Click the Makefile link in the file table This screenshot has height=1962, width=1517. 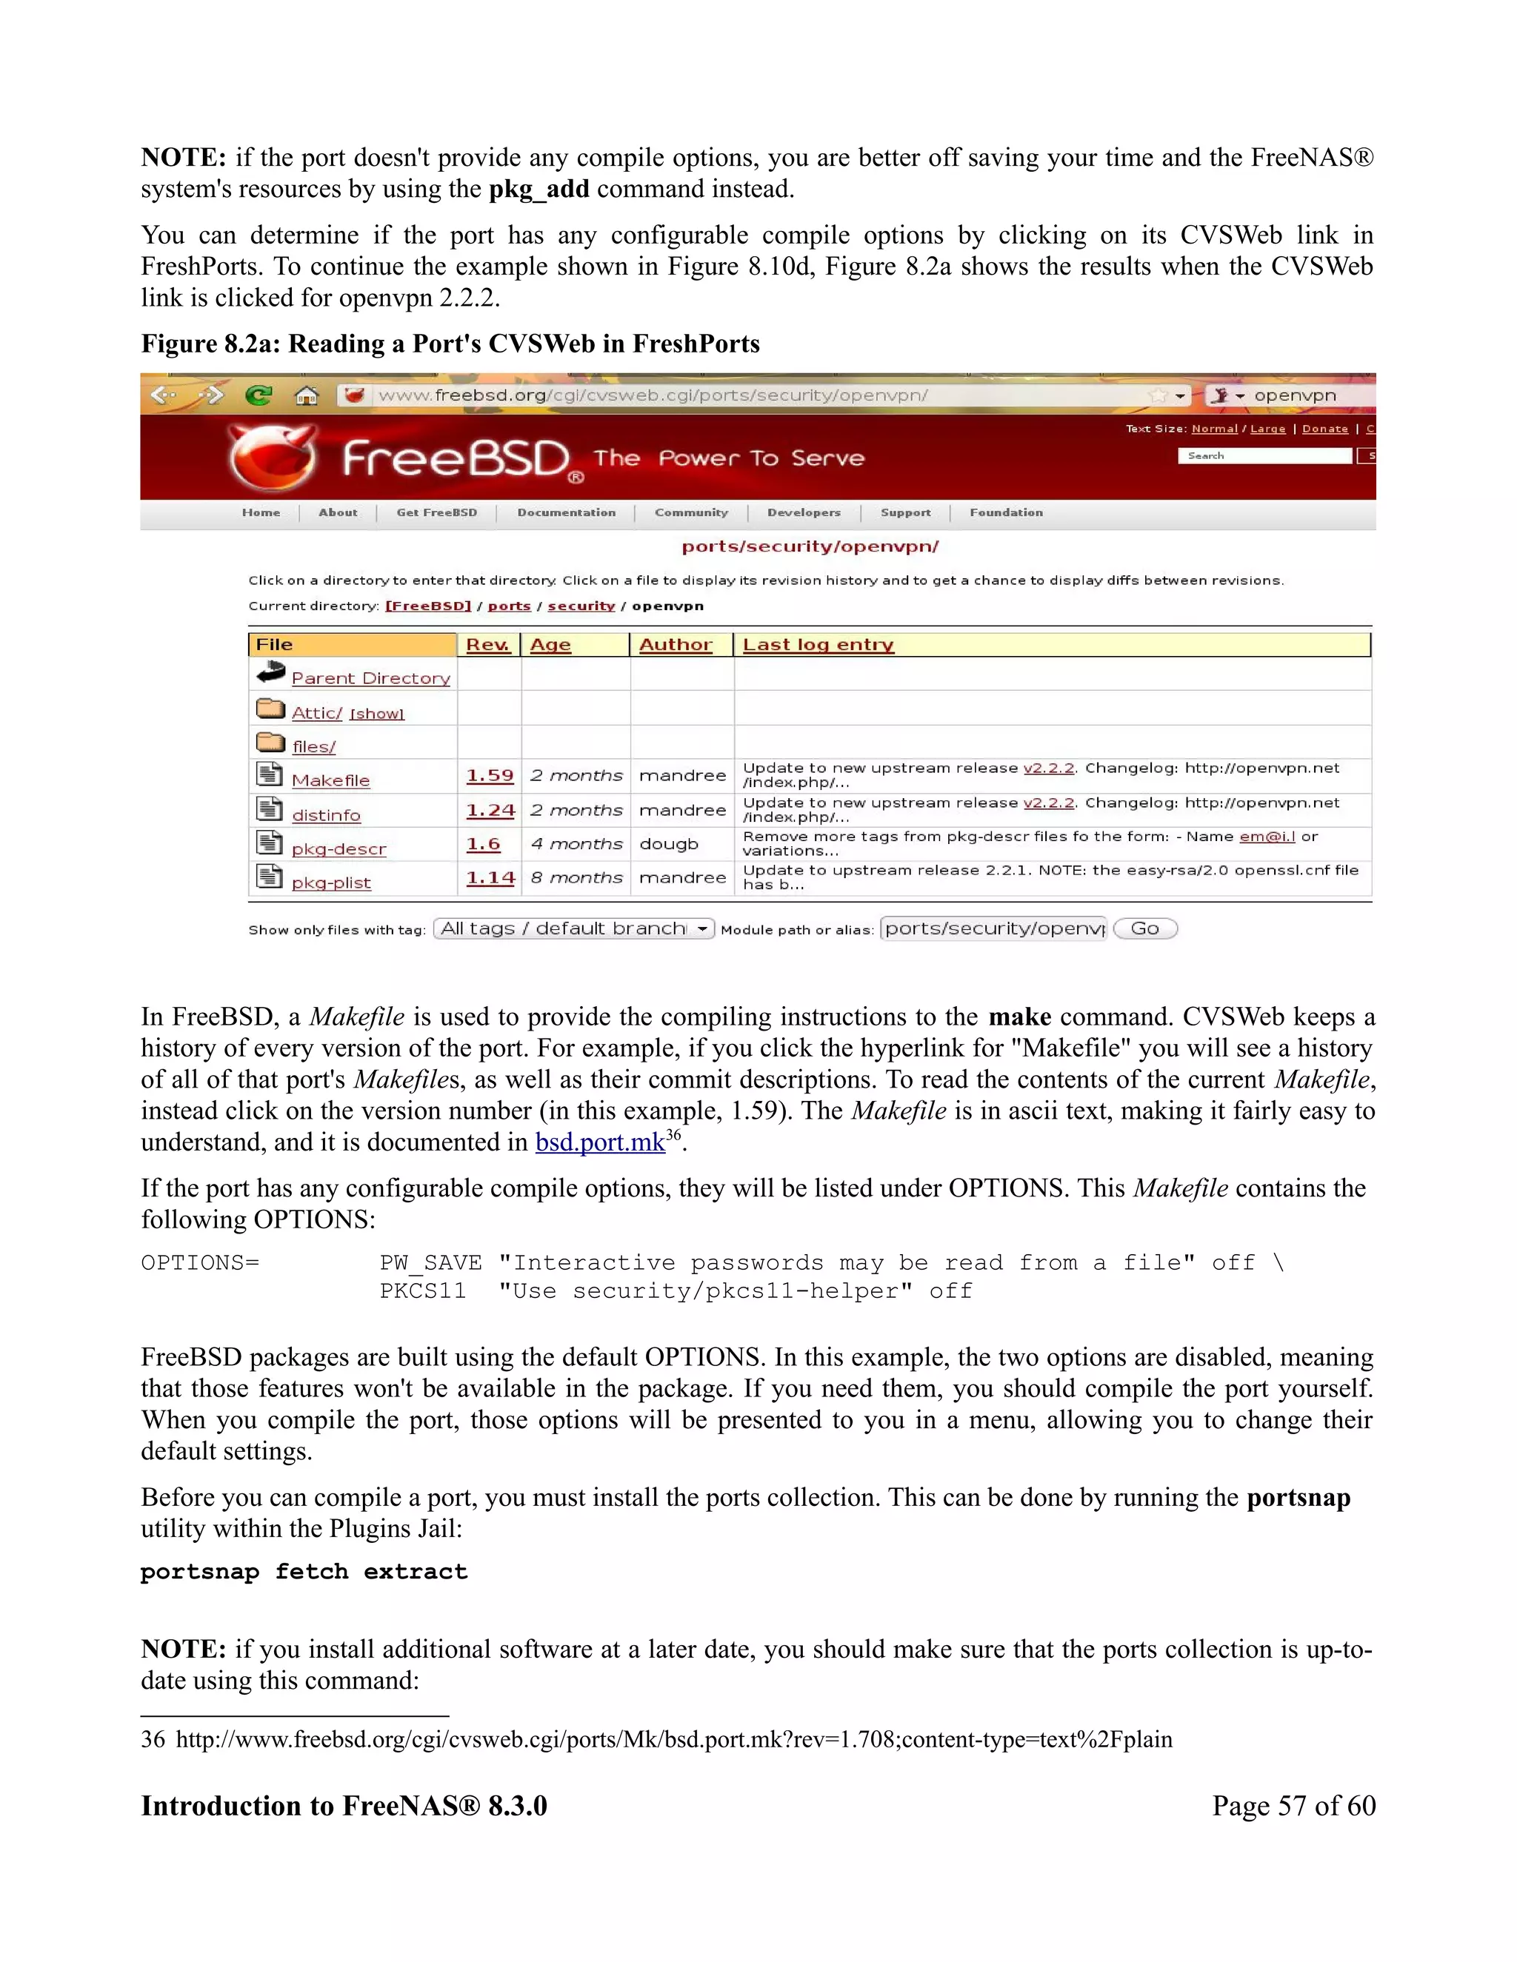(x=330, y=780)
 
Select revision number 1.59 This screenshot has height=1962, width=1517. (x=490, y=775)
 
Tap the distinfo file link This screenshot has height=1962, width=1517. (x=325, y=815)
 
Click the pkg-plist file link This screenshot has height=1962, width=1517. (x=330, y=883)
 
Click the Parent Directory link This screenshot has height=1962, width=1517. (x=370, y=678)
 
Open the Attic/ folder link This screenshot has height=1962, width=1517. (x=316, y=713)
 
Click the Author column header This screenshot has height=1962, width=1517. (x=675, y=645)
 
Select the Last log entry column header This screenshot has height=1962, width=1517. (x=818, y=645)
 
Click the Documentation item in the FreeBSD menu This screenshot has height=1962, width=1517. (x=566, y=513)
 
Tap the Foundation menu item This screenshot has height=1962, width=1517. (x=1006, y=513)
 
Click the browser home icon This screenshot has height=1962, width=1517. (x=307, y=395)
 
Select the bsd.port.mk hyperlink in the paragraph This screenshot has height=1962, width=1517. (x=599, y=1142)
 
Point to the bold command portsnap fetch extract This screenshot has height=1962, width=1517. (x=304, y=1571)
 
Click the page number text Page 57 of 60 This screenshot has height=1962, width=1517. (x=1293, y=1807)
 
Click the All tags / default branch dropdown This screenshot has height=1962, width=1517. (x=573, y=929)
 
